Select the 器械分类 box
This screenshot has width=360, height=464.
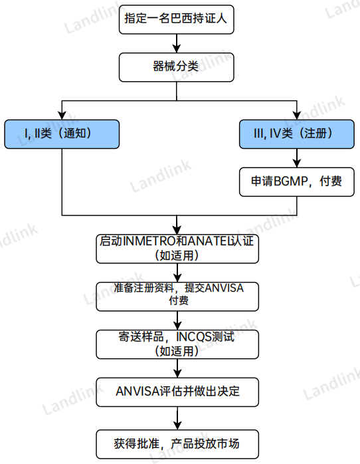coord(176,67)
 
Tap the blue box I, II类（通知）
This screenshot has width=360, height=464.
coord(62,134)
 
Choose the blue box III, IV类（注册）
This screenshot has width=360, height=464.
coord(297,134)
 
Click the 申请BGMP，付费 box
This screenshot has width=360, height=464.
coord(297,181)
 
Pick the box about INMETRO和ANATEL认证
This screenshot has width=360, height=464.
coord(177,247)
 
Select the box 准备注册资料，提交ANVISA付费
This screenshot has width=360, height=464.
coord(177,294)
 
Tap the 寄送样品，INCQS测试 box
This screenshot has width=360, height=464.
coord(177,343)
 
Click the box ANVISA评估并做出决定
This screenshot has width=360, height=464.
coord(177,392)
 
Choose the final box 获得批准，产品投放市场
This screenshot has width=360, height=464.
coord(177,442)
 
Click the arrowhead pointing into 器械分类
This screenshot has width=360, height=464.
coord(176,49)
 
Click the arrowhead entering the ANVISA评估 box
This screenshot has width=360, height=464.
coord(177,374)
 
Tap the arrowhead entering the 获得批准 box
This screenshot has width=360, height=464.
coord(177,423)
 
